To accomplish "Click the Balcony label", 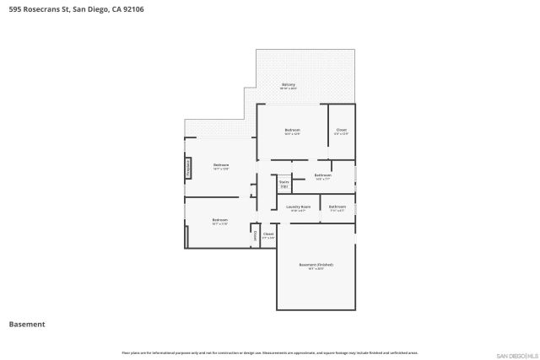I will point(288,85).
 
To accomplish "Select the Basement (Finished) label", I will point(310,266).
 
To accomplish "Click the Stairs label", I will point(283,182).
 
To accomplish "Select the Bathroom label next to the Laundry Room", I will point(337,207).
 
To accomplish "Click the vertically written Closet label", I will point(256,237).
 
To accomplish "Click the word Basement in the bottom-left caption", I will point(26,324).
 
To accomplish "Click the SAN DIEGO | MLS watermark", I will point(514,354).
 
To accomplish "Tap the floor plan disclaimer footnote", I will point(269,352).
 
